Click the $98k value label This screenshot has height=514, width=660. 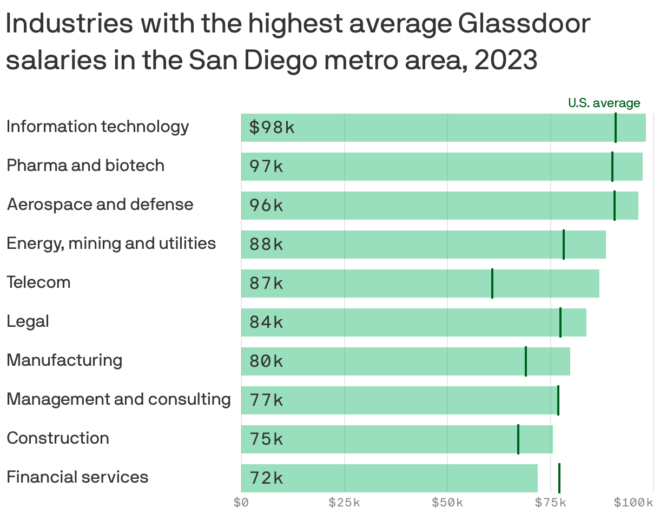(272, 128)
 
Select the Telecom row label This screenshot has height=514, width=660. (38, 282)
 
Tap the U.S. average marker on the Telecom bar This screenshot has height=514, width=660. (492, 284)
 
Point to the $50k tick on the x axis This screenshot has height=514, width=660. (447, 503)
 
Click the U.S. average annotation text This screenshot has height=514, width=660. (604, 103)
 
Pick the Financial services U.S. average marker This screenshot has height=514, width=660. (559, 478)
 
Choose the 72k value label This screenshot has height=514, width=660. (266, 478)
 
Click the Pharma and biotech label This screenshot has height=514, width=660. (85, 166)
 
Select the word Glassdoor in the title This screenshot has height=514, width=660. (524, 24)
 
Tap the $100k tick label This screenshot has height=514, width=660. (633, 503)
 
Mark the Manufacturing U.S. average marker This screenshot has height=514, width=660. (526, 361)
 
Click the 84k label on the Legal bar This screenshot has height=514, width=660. (266, 322)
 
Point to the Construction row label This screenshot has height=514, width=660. (58, 438)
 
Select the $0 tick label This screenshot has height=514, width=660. (241, 503)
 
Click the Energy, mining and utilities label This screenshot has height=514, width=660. (111, 243)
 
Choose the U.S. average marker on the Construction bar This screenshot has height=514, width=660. (518, 439)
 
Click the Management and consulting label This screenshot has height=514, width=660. (118, 399)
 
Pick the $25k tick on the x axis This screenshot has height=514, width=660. (345, 503)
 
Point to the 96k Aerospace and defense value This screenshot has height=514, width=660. (266, 206)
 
